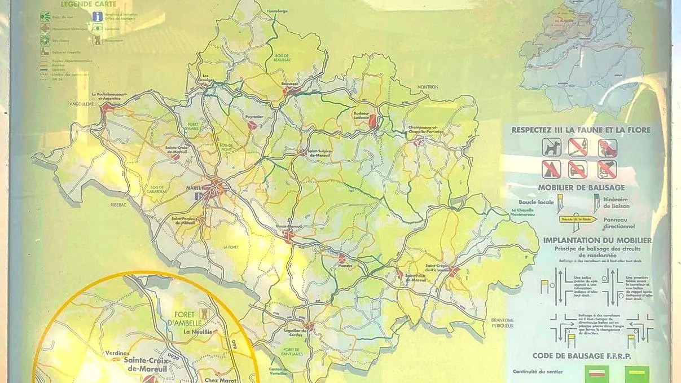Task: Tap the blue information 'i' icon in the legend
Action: point(98,16)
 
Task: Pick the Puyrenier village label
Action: point(254,117)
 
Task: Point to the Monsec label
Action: point(345,265)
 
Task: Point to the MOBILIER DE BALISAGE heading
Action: point(581,187)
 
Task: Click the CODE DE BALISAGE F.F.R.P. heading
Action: point(581,356)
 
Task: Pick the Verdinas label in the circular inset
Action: point(117,354)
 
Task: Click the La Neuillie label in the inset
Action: point(197,333)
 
